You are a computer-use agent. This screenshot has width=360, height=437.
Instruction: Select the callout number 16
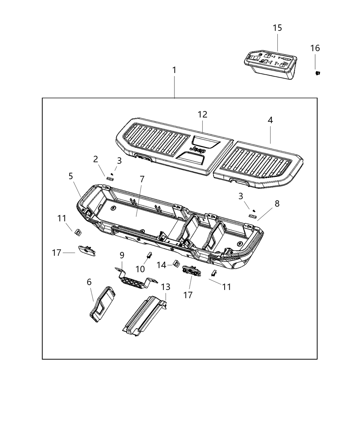pos(315,48)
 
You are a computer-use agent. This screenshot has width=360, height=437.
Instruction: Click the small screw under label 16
pos(318,73)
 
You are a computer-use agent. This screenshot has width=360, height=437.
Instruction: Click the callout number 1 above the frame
pos(174,70)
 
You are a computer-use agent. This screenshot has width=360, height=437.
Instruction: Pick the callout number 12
pos(202,114)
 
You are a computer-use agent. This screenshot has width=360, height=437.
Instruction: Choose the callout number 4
pos(270,120)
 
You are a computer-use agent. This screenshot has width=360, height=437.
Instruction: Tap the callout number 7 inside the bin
pos(142,179)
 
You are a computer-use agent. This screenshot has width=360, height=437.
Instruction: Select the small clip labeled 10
pos(149,255)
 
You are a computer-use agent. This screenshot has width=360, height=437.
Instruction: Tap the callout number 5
pos(71,176)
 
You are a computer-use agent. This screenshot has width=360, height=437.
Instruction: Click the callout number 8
pos(277,204)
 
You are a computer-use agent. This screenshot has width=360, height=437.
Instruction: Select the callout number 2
pos(96,159)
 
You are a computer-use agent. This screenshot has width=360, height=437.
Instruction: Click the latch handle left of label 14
pos(192,270)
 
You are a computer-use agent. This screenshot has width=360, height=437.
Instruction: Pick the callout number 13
pos(165,287)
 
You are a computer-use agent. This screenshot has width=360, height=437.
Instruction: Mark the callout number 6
pos(89,282)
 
